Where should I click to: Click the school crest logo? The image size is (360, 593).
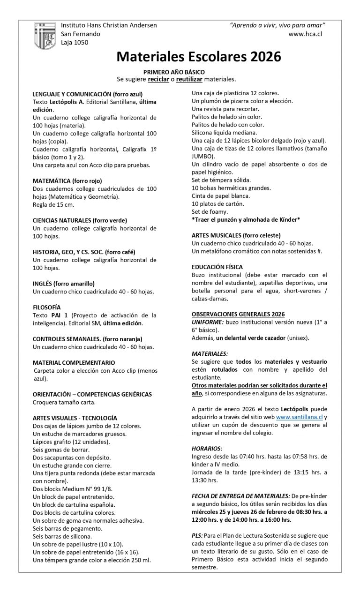click(x=45, y=36)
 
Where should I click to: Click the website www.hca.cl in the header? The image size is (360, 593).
click(x=305, y=34)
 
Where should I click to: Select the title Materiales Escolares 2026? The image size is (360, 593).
click(x=199, y=57)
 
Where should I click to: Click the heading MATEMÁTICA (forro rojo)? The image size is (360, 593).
click(x=67, y=180)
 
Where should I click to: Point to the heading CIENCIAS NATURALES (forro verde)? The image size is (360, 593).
click(x=80, y=220)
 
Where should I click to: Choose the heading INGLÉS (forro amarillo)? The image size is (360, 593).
click(x=64, y=284)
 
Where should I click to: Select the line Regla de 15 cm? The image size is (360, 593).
click(x=53, y=204)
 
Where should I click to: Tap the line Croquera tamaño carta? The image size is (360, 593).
click(x=64, y=402)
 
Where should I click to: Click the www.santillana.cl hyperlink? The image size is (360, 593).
click(x=300, y=417)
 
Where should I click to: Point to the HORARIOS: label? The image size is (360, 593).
click(x=207, y=449)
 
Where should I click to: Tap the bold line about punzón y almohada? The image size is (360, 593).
click(x=246, y=219)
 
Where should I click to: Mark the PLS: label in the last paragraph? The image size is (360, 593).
click(x=197, y=535)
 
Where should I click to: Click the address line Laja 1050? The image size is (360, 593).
click(x=75, y=42)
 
